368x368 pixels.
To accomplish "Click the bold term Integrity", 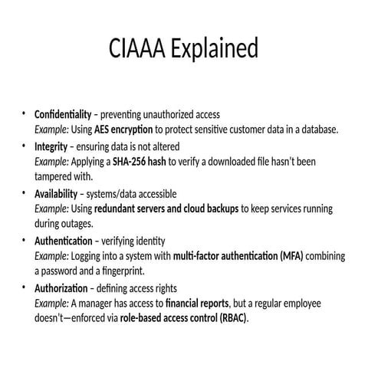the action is pyautogui.click(x=51, y=146).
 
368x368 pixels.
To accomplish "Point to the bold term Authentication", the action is pyautogui.click(x=63, y=241).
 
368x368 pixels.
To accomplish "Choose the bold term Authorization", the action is pyautogui.click(x=61, y=288).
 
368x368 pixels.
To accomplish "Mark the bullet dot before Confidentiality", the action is pyautogui.click(x=23, y=114).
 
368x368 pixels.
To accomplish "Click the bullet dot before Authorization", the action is pyautogui.click(x=23, y=288).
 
